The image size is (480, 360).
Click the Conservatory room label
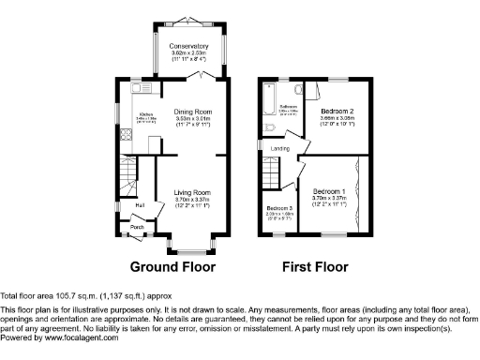pyautogui.click(x=188, y=46)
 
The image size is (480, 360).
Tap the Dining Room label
pyautogui.click(x=195, y=112)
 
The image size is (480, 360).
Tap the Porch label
pyautogui.click(x=136, y=226)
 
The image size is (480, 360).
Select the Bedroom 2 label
pyautogui.click(x=336, y=112)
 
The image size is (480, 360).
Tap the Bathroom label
pyautogui.click(x=287, y=107)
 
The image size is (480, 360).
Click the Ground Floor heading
pyautogui.click(x=172, y=266)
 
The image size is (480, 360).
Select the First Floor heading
pyautogui.click(x=315, y=266)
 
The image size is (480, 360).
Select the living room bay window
pyautogui.click(x=191, y=250)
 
